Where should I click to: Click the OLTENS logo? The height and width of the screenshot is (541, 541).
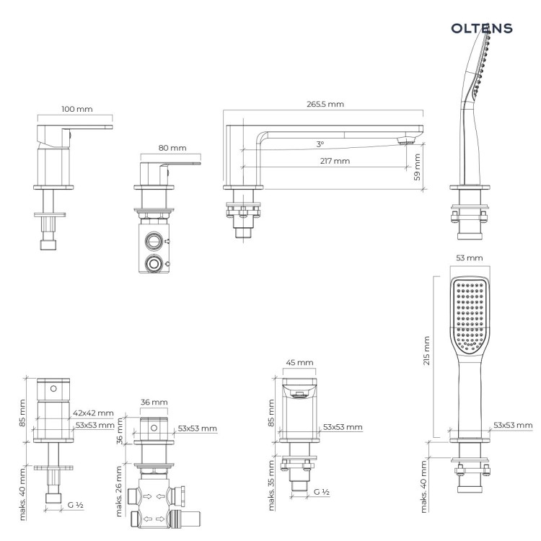(x=482, y=28)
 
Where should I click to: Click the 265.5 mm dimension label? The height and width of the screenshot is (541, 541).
(x=325, y=104)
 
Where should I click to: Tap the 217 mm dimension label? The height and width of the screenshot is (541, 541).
(x=335, y=161)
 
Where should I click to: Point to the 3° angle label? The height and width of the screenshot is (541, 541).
(x=320, y=144)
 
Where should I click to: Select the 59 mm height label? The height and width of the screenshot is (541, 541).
(x=417, y=167)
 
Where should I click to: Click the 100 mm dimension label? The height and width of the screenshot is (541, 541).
(x=77, y=109)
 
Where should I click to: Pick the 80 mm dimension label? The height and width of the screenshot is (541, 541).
(x=172, y=148)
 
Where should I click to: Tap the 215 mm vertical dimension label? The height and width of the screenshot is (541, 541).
(x=426, y=351)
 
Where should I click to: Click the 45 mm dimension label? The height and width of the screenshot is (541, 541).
(x=299, y=362)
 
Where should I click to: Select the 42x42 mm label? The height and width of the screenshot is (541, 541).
(x=93, y=413)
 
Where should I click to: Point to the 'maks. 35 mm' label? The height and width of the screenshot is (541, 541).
(x=271, y=485)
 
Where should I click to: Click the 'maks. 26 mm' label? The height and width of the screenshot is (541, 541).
(x=119, y=491)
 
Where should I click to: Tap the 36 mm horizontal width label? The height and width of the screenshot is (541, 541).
(x=154, y=402)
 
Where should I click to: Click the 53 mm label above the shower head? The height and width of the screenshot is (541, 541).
(x=470, y=258)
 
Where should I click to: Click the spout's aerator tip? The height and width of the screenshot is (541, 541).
(x=406, y=141)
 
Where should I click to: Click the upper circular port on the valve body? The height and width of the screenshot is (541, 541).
(x=154, y=240)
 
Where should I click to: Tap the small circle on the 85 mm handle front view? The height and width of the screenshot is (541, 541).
(x=53, y=389)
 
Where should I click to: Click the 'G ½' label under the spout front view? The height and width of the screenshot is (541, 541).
(x=322, y=492)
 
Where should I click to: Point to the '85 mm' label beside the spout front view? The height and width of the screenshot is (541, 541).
(x=271, y=413)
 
